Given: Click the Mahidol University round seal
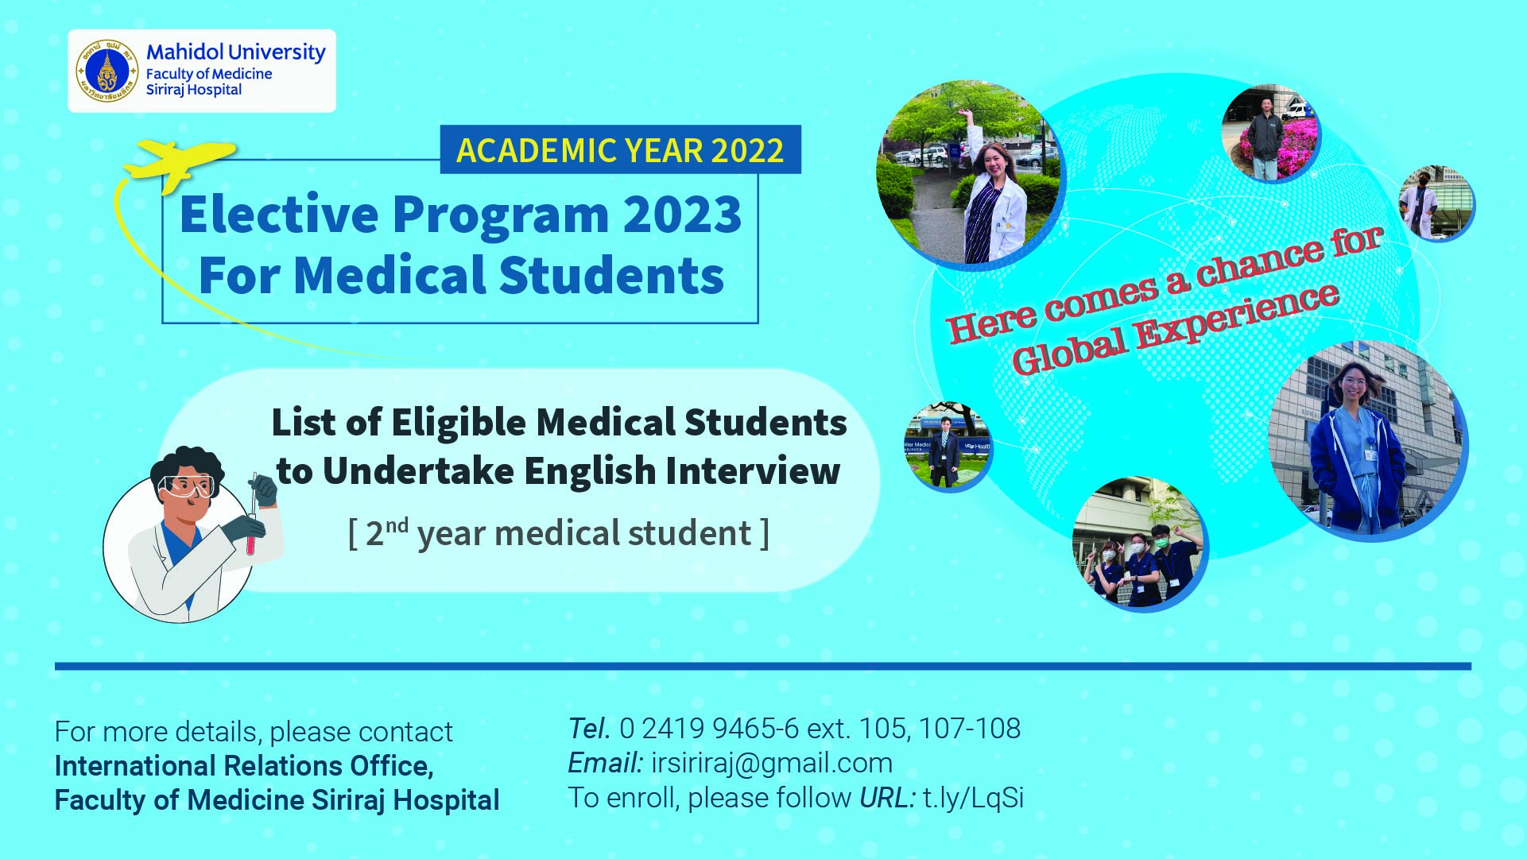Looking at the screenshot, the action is (107, 72).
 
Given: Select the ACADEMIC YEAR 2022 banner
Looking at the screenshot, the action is (621, 150).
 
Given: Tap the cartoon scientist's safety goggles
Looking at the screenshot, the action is (188, 486).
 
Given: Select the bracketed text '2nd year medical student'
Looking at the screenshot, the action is (559, 532).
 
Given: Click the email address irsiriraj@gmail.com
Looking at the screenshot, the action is (772, 764).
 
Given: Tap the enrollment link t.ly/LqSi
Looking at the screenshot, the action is (974, 798).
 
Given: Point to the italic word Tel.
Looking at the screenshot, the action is (589, 728).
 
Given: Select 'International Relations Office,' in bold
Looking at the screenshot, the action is (244, 766).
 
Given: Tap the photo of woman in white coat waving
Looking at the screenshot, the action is (970, 175).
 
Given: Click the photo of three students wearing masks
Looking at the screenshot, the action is (1139, 544).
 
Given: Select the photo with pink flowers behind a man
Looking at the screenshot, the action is (1270, 133).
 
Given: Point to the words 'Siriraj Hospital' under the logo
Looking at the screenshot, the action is (194, 90).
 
